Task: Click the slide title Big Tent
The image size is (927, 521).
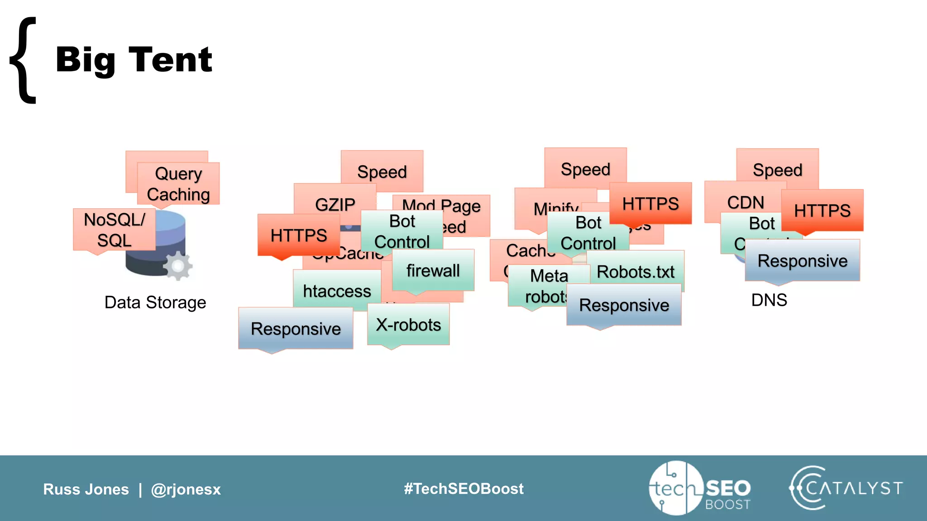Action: [x=134, y=60]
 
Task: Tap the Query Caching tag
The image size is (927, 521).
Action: [x=178, y=184]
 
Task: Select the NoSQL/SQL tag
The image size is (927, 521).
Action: [x=114, y=230]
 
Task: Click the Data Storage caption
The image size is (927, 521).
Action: [x=155, y=302]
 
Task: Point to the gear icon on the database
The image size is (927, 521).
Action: [x=177, y=266]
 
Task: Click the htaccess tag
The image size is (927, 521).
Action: [x=337, y=291]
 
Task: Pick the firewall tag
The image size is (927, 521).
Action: [x=433, y=270]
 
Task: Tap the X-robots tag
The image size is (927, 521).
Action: [x=408, y=325]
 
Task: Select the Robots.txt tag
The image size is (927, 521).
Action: [x=636, y=272]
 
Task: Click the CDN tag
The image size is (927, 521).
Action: [x=745, y=202]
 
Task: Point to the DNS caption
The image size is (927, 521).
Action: [x=769, y=300]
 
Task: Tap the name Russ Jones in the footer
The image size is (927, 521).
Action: [x=86, y=489]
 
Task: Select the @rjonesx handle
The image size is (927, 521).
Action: [x=186, y=489]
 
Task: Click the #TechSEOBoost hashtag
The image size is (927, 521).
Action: [x=463, y=488]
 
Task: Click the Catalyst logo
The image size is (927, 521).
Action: [x=846, y=488]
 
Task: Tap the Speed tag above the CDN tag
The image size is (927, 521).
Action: [x=777, y=169]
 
